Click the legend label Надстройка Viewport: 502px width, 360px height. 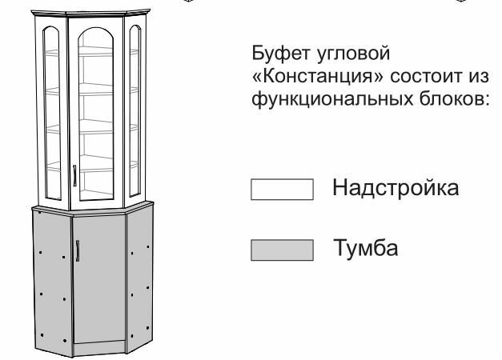point(395,189)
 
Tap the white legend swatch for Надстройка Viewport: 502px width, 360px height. point(281,190)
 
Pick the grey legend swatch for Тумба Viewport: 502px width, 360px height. point(281,250)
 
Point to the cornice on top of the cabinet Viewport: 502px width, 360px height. point(93,10)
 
